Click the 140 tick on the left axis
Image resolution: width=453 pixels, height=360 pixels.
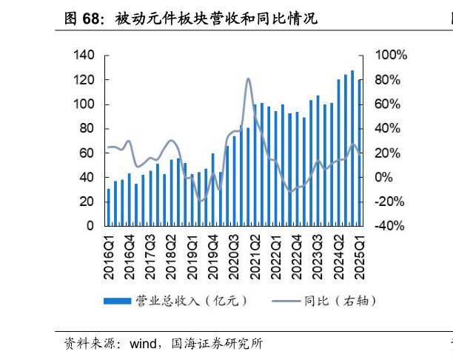point(84,56)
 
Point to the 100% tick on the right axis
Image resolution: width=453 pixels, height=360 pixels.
point(391,56)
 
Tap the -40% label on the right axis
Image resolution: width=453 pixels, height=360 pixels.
point(390,226)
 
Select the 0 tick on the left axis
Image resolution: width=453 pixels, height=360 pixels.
point(90,226)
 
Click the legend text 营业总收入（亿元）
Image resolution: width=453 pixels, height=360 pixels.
point(190,301)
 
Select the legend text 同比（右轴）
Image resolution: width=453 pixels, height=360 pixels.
point(340,301)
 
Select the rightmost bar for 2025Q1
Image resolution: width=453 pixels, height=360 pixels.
point(360,152)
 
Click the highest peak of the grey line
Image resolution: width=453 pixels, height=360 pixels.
point(247,79)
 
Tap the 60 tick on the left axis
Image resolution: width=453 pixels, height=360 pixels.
point(87,153)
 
